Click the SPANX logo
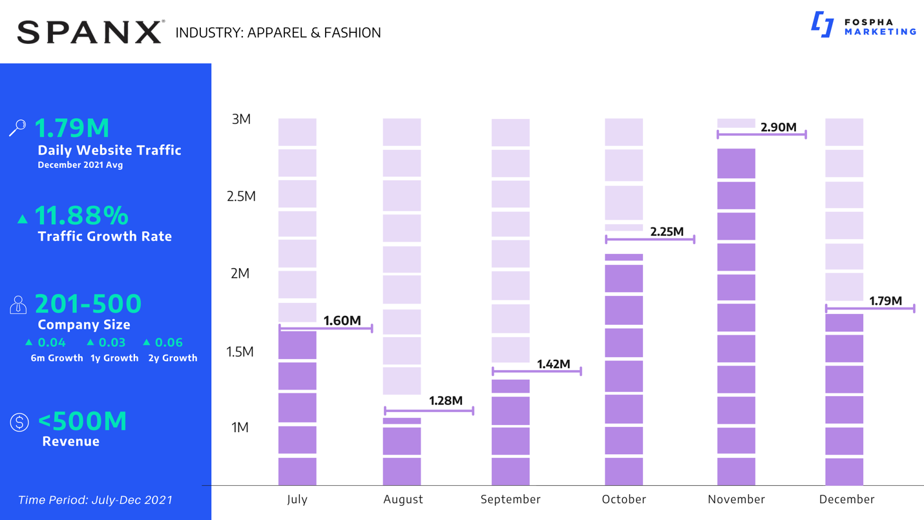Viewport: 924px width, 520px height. click(90, 32)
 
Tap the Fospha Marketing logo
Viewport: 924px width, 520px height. click(863, 26)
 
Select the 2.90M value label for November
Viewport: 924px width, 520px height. click(778, 127)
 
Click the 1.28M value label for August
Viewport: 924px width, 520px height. click(446, 401)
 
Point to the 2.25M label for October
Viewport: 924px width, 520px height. click(667, 231)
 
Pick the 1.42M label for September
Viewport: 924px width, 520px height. click(553, 364)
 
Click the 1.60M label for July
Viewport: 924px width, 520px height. click(342, 320)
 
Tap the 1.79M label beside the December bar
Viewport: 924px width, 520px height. click(885, 300)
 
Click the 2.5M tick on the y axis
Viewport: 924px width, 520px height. click(241, 196)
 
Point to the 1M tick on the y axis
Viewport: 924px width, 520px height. click(240, 428)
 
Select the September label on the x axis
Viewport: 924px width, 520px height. click(510, 499)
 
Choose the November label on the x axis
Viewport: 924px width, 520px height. click(736, 499)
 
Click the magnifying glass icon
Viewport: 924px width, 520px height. click(17, 127)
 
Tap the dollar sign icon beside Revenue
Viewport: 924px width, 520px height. click(19, 422)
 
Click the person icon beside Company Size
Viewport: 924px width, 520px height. click(18, 304)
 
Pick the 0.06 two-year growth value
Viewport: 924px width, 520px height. click(168, 342)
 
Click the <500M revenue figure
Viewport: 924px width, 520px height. click(82, 421)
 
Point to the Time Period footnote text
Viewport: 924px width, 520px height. click(95, 500)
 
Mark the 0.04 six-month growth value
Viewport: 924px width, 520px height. click(51, 342)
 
